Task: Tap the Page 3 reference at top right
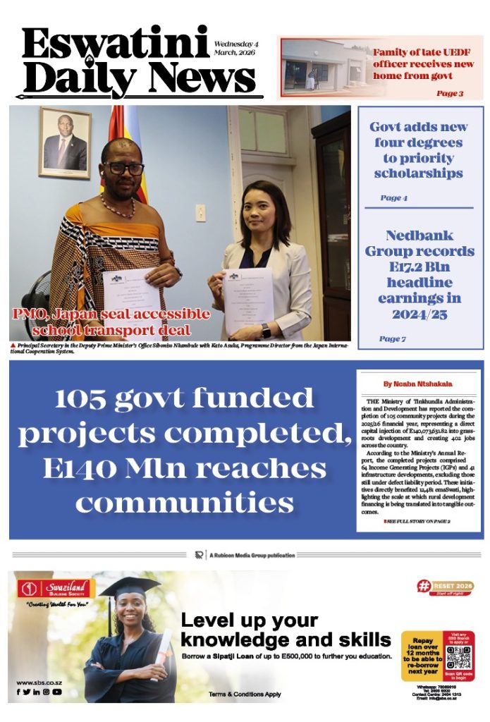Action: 449,93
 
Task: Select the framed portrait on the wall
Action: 65,142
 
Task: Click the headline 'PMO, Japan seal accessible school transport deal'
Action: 111,322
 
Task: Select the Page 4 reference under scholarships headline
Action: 393,198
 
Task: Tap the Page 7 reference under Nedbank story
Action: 392,339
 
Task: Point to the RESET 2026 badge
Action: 445,587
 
